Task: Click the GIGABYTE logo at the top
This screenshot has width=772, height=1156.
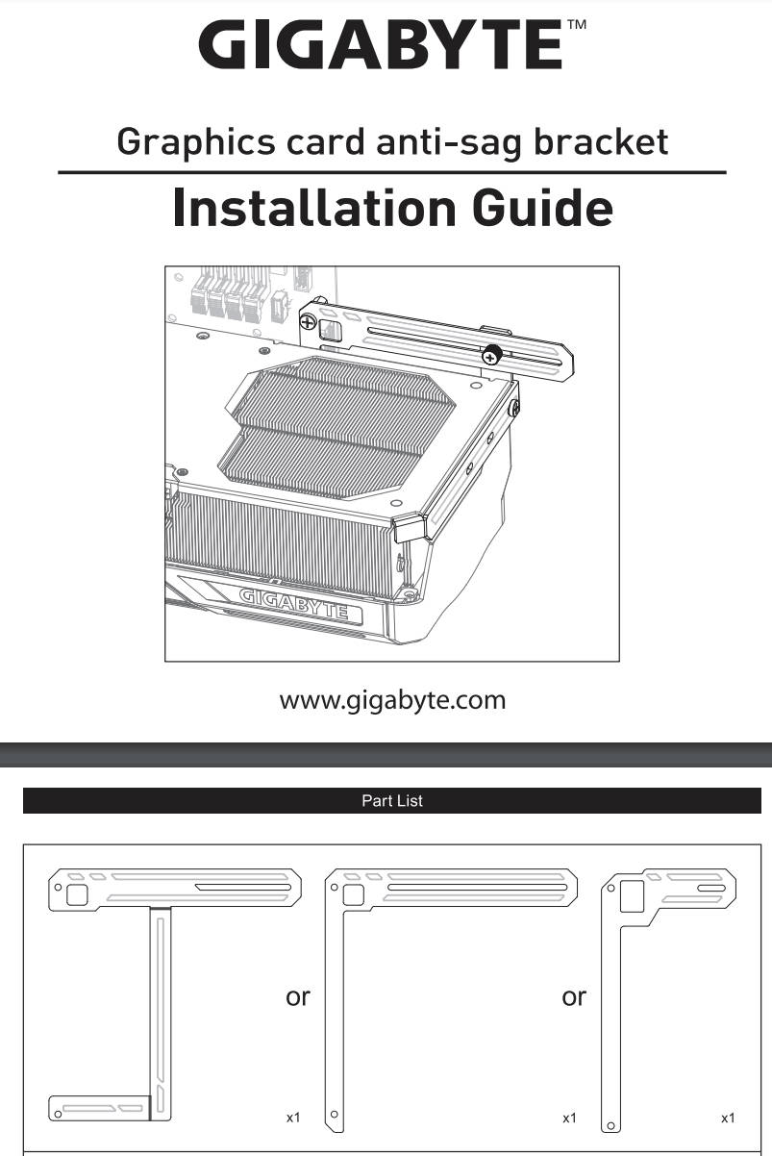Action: tap(380, 44)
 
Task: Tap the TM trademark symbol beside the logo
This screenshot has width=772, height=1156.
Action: tap(577, 24)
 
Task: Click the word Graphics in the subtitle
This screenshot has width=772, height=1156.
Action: tap(196, 142)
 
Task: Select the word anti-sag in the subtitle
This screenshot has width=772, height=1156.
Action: tap(449, 142)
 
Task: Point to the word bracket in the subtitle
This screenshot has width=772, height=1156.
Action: tap(601, 141)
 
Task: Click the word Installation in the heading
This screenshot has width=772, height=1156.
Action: tap(313, 208)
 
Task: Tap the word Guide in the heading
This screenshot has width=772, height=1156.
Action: tap(542, 208)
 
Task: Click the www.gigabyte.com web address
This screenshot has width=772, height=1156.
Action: tap(392, 701)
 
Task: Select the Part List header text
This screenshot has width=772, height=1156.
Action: tap(392, 800)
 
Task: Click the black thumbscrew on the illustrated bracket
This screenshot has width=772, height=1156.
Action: tap(492, 355)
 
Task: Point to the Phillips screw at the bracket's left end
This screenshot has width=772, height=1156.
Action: tap(308, 323)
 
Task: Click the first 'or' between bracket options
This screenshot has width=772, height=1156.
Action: tap(298, 997)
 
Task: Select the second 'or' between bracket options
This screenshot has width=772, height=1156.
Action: tap(574, 997)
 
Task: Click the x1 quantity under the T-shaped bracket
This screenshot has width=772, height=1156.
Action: tap(293, 1118)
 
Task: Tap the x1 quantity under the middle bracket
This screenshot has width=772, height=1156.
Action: tap(569, 1118)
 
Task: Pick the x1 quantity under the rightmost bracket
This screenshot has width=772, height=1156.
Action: tap(728, 1118)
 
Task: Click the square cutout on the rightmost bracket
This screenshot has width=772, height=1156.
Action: tap(632, 896)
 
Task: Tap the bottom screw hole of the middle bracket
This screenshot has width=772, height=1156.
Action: tap(335, 1115)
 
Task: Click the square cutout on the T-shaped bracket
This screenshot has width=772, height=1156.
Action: tap(77, 894)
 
